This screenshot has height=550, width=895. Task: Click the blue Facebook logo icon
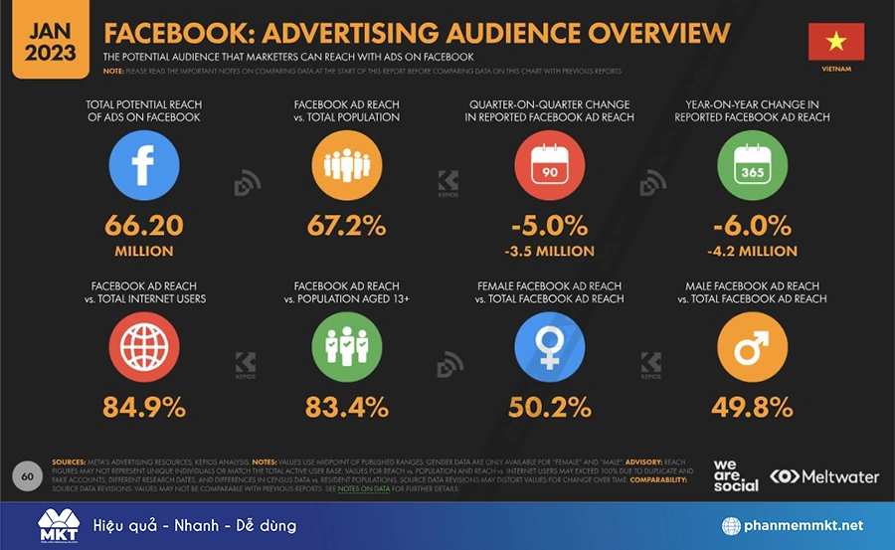(x=144, y=165)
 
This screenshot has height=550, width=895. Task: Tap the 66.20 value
(x=144, y=225)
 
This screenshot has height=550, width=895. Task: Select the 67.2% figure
(x=346, y=225)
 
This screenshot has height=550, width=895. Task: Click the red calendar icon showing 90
(x=550, y=165)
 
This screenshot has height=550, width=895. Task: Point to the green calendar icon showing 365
(x=753, y=165)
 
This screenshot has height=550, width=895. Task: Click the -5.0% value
(x=550, y=225)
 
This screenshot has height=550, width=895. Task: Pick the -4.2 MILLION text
(x=753, y=251)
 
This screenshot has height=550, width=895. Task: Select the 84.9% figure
(x=144, y=407)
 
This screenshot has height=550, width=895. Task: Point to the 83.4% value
(x=346, y=407)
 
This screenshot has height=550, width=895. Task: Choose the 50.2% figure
(x=550, y=407)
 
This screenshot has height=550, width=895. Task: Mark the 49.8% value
(x=753, y=407)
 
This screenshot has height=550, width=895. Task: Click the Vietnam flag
(x=835, y=42)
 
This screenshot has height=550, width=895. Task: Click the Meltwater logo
(x=824, y=476)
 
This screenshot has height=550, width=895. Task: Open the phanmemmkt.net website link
(x=793, y=525)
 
